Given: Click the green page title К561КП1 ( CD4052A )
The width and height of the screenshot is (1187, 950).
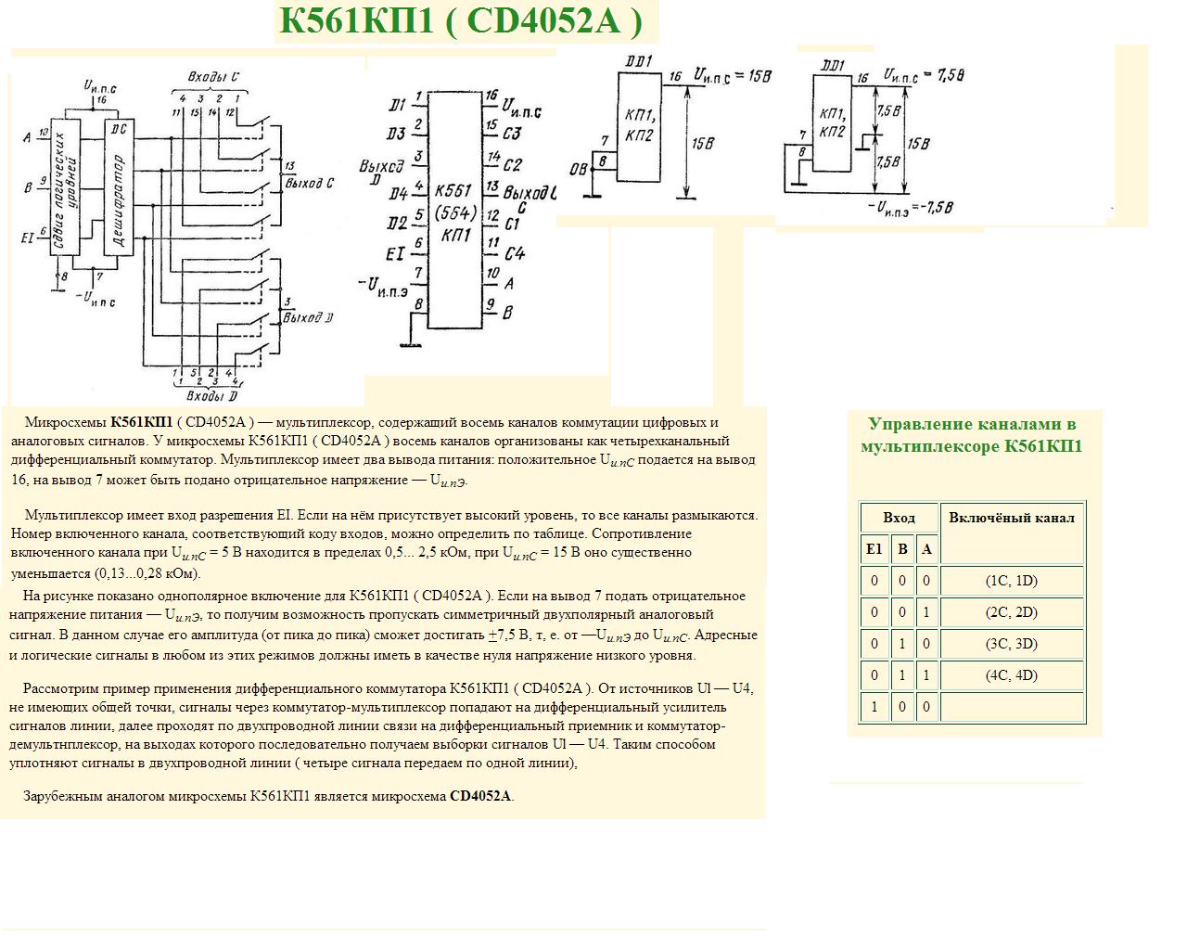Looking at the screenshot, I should (x=461, y=20).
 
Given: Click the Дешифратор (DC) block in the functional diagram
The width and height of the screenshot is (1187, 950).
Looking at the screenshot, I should (x=118, y=186).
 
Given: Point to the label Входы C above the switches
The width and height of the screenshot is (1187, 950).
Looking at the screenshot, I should (x=213, y=77).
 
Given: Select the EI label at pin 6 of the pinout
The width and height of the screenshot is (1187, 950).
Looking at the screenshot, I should (x=395, y=252).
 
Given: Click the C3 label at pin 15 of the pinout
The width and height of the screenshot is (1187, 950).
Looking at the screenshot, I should (x=512, y=134).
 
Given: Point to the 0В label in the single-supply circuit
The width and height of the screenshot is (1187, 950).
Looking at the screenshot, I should (x=578, y=169).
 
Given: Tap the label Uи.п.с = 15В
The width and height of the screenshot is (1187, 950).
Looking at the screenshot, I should (x=733, y=76).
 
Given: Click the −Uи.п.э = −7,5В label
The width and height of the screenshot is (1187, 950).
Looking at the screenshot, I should (x=911, y=207).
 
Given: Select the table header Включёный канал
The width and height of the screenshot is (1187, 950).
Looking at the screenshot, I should (x=1012, y=518).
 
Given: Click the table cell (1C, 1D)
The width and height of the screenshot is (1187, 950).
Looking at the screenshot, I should (x=1012, y=581).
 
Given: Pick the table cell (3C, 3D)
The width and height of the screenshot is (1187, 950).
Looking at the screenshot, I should (x=1012, y=644).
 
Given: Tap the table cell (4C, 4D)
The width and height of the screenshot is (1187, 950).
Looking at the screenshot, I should (x=1012, y=675).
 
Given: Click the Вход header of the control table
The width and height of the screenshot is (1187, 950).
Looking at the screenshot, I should (x=899, y=518).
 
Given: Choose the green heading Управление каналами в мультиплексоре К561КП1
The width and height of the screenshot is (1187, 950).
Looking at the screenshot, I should (x=972, y=435).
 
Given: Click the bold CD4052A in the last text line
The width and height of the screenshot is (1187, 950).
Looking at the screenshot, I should (x=480, y=796).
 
